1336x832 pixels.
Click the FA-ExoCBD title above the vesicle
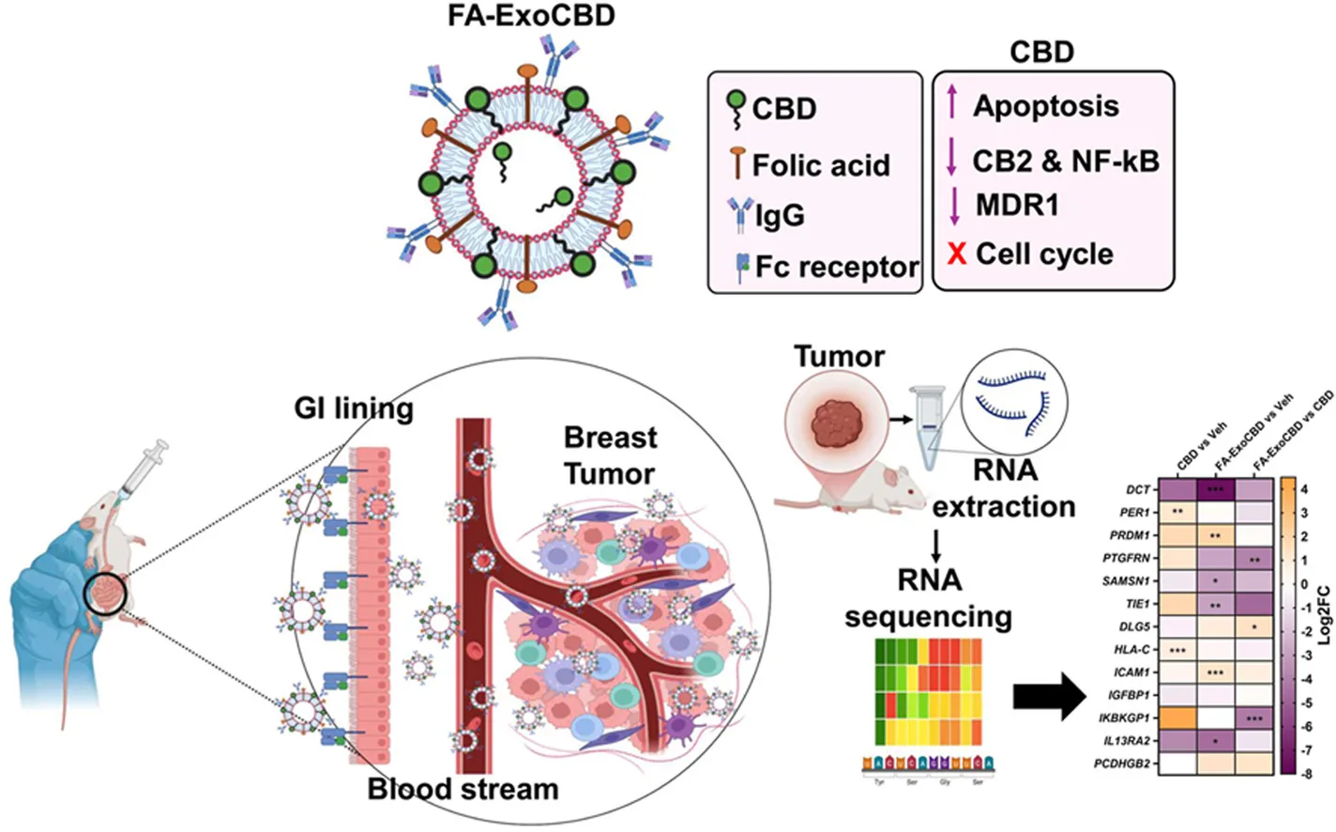tap(531, 16)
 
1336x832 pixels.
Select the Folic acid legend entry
tap(820, 165)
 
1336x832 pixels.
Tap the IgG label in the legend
tap(780, 215)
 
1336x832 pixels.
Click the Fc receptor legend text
tap(836, 267)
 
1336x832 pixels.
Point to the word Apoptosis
tap(1045, 105)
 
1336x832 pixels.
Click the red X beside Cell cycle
tap(956, 254)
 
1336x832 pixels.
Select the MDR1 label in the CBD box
tap(1017, 204)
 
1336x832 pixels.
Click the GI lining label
tap(354, 408)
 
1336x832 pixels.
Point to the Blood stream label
tap(463, 789)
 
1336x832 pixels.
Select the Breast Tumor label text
tap(610, 455)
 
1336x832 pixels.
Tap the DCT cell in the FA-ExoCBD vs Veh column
tap(1215, 489)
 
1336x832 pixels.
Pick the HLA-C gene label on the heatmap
tap(1133, 649)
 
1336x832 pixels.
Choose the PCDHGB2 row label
tap(1122, 763)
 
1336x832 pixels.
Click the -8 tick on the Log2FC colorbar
tap(1307, 774)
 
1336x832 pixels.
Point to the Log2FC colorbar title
tap(1324, 615)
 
